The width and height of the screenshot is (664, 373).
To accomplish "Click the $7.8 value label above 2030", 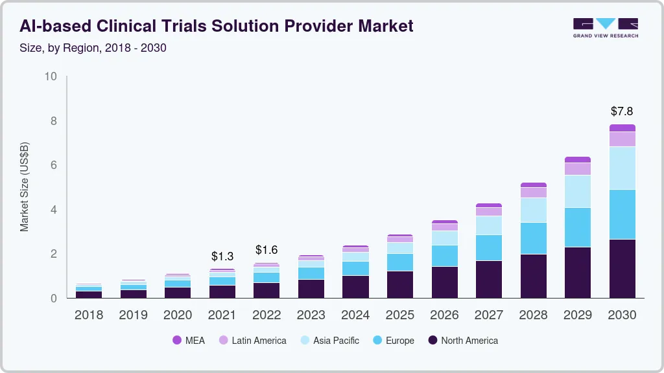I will (622, 111).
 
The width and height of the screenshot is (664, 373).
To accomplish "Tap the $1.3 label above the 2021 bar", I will (222, 256).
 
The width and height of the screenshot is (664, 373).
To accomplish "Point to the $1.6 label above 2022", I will (267, 250).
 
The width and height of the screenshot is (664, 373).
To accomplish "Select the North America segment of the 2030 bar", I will (622, 268).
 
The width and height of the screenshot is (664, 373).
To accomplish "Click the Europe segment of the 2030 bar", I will (622, 214).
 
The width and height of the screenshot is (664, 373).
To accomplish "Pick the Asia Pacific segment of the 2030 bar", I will (622, 168).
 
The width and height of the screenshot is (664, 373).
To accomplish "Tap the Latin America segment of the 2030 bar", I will (622, 139).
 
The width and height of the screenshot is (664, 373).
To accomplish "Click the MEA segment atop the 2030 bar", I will (622, 128).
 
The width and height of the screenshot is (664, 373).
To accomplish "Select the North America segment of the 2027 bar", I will (489, 279).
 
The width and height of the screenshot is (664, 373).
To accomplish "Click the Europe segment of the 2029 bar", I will (578, 227).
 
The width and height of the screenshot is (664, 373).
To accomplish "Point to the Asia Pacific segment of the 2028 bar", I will (533, 210).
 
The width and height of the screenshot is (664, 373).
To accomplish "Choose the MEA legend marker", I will (177, 340).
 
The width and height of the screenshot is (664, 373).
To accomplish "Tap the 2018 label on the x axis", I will (89, 315).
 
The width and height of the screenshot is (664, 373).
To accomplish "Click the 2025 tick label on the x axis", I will (400, 315).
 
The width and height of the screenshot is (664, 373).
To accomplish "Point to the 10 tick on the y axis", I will (51, 76).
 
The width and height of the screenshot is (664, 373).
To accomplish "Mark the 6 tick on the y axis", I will (54, 165).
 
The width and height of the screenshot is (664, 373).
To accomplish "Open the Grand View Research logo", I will (605, 28).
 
